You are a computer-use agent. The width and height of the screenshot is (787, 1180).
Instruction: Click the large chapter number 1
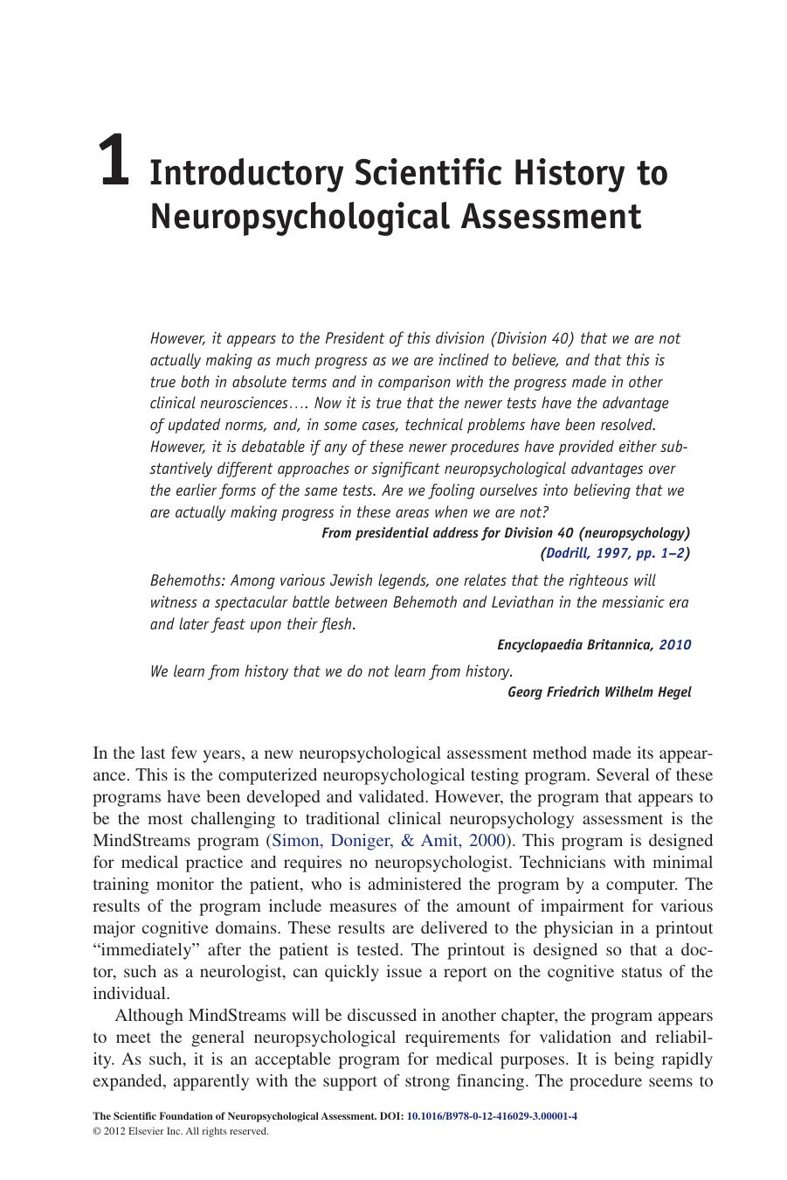pyautogui.click(x=114, y=162)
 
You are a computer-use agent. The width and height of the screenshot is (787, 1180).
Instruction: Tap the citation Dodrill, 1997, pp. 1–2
pyautogui.click(x=615, y=553)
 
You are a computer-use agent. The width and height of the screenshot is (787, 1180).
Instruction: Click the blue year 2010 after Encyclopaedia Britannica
pyautogui.click(x=674, y=645)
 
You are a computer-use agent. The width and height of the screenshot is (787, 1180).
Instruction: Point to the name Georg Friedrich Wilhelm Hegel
pyautogui.click(x=599, y=692)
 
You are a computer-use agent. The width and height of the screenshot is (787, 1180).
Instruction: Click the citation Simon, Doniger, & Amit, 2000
pyautogui.click(x=389, y=841)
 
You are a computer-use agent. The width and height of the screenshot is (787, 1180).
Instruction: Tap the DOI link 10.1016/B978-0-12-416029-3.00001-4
pyautogui.click(x=492, y=1116)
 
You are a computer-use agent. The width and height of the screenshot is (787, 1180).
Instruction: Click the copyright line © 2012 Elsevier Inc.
pyautogui.click(x=180, y=1131)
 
